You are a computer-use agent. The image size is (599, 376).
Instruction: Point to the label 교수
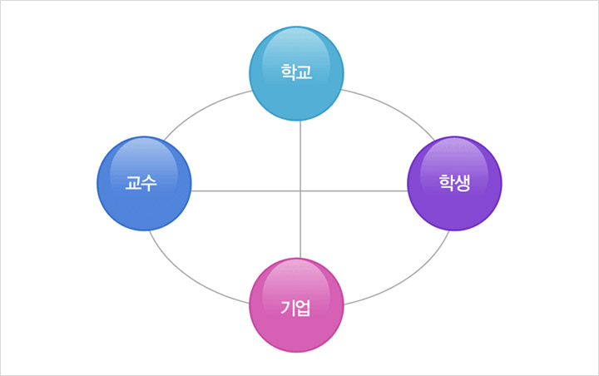coord(141,183)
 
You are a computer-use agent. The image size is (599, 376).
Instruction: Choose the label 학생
coord(455,183)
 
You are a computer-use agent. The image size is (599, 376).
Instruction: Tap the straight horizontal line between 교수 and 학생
coord(241,191)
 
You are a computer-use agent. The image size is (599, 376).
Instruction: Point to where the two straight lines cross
coord(299,191)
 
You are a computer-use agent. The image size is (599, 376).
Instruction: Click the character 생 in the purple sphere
coord(463,183)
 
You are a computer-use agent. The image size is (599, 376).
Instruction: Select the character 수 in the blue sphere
coord(149,183)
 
